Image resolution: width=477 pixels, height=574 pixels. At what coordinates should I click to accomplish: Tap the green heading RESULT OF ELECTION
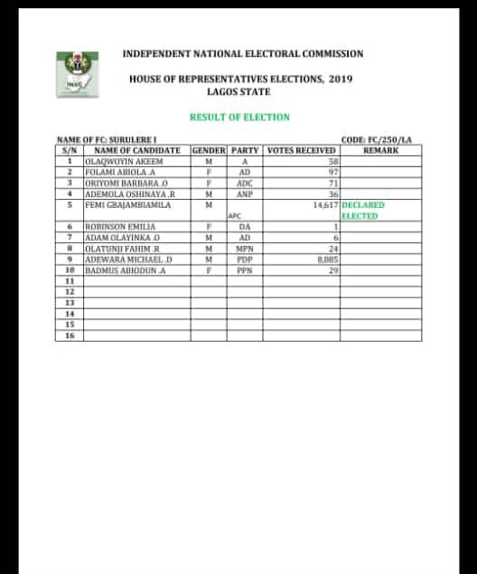pyautogui.click(x=239, y=117)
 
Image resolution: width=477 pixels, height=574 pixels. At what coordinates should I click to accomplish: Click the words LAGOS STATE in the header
pyautogui.click(x=239, y=92)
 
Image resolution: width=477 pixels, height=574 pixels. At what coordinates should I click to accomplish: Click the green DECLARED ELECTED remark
pyautogui.click(x=364, y=211)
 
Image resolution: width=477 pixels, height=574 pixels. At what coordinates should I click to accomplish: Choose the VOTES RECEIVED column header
pyautogui.click(x=302, y=150)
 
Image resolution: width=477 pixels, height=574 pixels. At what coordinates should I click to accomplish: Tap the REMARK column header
pyautogui.click(x=380, y=150)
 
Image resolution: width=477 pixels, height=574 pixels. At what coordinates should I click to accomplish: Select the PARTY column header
pyautogui.click(x=245, y=150)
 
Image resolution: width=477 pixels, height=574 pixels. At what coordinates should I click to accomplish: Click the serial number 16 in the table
pyautogui.click(x=69, y=335)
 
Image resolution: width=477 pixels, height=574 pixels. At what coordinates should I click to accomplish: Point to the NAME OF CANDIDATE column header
pyautogui.click(x=137, y=150)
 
